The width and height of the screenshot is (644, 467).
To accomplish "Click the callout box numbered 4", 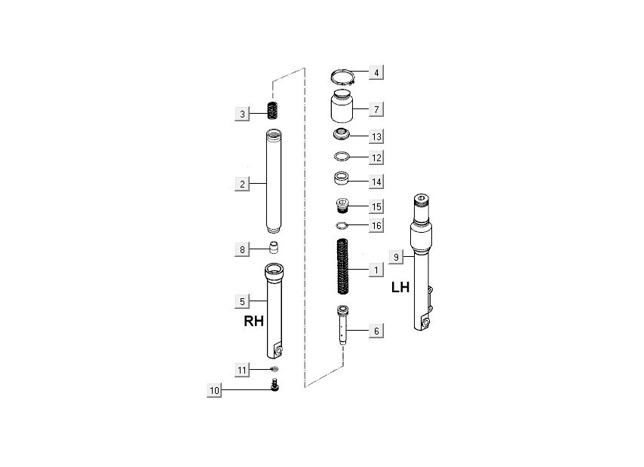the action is coord(376,72).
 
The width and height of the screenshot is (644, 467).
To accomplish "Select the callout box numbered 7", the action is coord(376,109).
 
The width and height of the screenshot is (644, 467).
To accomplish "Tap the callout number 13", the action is coord(376,136).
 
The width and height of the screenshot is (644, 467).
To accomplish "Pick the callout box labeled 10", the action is coord(214,390).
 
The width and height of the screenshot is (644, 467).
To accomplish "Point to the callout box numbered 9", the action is coord(396,258).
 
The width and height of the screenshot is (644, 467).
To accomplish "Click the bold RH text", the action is coord(254,321).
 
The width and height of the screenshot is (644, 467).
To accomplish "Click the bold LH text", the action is coord(400,287).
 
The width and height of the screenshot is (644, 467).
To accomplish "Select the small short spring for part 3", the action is coord(273,111).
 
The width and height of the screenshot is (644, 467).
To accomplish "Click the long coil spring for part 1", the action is coord(343,267).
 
